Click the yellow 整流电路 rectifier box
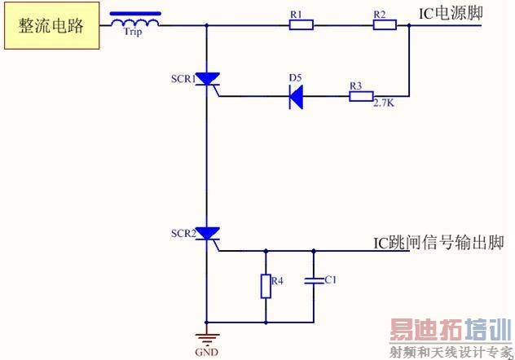(51, 25)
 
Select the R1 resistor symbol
(301, 25)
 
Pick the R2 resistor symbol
(385, 25)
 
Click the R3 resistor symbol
(361, 97)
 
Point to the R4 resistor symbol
(266, 286)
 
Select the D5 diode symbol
(297, 97)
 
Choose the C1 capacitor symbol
(313, 281)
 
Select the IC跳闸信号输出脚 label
(438, 243)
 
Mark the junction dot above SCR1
(207, 25)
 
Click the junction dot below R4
(266, 321)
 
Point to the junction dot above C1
(313, 250)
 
